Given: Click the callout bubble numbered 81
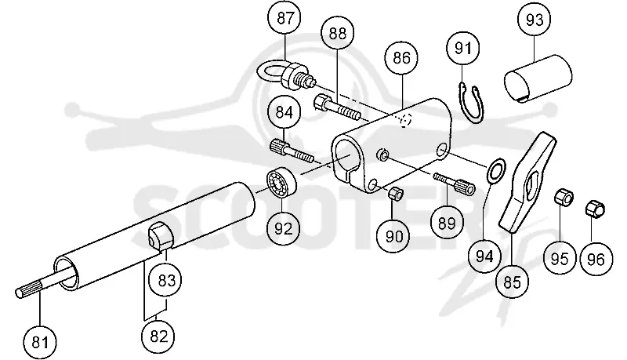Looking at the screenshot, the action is tap(40, 343).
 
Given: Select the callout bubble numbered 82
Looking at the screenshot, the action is tap(159, 336).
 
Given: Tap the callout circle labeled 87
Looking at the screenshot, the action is tap(285, 18).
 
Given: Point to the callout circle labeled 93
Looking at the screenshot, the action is tap(535, 19).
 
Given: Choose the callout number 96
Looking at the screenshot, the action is tap(596, 259).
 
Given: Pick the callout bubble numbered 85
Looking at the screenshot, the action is tap(513, 282).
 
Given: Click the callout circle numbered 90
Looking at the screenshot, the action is tap(394, 236).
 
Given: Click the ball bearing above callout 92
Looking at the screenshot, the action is tap(282, 183).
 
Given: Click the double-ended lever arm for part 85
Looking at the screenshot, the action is tap(527, 182).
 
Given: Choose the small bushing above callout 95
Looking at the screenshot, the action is tap(564, 197).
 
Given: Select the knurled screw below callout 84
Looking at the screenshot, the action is tap(292, 150).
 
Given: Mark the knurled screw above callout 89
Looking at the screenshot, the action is tap(455, 183).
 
